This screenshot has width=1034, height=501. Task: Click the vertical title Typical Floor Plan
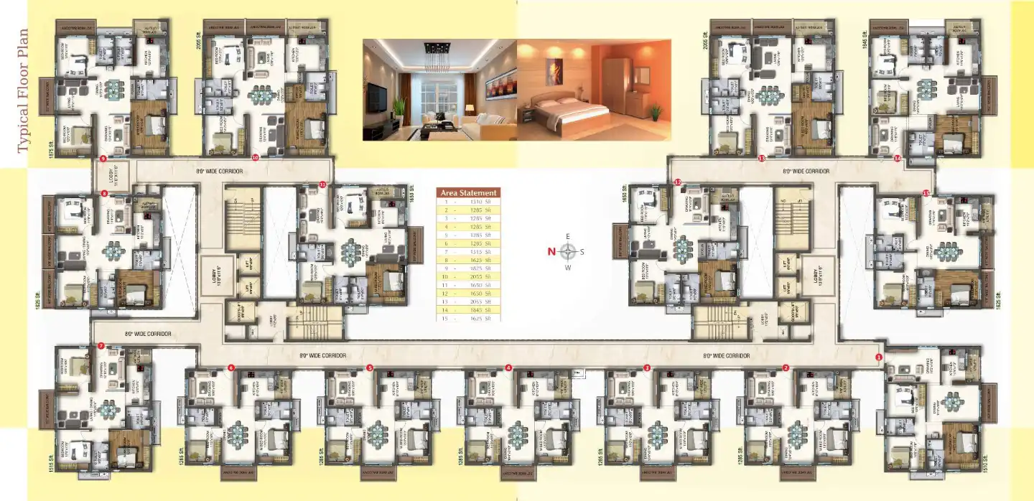click(22, 91)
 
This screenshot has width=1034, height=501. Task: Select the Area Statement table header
click(468, 192)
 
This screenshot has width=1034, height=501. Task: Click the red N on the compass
click(551, 251)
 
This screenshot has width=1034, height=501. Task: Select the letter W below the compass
click(567, 268)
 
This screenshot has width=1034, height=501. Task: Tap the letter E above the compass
click(567, 236)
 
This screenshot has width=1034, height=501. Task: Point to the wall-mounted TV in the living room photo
click(376, 98)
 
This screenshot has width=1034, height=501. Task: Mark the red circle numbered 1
click(879, 356)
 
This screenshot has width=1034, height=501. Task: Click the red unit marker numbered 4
click(508, 367)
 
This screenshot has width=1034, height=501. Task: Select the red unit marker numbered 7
click(101, 346)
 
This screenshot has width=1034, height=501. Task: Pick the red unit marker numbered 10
click(255, 157)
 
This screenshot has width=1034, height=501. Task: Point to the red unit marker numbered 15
click(926, 193)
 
